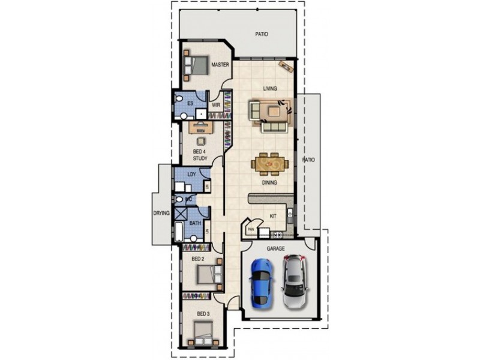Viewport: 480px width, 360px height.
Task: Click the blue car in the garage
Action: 261,281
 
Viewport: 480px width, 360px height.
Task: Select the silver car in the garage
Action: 294,281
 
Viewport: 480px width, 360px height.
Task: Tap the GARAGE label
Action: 276,248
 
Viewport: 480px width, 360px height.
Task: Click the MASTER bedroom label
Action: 220,65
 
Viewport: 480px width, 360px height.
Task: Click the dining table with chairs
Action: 271,163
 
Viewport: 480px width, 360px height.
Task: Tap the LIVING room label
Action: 270,89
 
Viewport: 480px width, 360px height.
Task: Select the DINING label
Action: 269,182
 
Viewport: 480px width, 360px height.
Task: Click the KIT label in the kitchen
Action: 272,215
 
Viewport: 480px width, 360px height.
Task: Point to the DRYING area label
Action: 162,213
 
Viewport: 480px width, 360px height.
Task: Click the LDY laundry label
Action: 191,175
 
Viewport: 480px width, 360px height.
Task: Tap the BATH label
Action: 195,223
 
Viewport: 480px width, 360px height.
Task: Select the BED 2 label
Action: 199,259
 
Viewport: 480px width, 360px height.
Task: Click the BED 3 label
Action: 203,314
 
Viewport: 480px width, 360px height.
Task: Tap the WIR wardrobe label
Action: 216,104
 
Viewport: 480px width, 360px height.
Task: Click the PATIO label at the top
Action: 261,34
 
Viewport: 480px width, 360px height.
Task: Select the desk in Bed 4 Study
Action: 200,127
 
